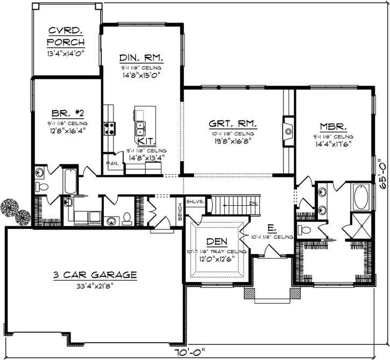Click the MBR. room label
[x=334, y=127]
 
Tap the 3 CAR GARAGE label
[x=95, y=275]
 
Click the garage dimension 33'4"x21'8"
[x=95, y=285]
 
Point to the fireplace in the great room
[x=288, y=129]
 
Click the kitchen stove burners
[x=110, y=127]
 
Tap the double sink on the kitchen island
[x=141, y=127]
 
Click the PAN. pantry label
[x=112, y=162]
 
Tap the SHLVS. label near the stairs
[x=195, y=201]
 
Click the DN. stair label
[x=253, y=203]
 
